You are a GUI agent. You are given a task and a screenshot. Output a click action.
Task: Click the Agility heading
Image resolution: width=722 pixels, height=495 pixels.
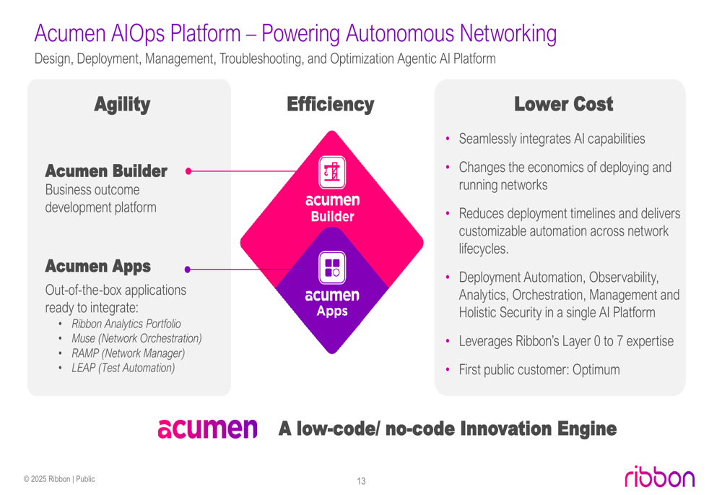[122, 105]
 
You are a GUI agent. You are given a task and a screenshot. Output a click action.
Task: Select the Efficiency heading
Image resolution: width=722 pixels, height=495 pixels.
[330, 105]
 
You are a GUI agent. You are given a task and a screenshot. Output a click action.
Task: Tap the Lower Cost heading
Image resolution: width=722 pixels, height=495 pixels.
[563, 105]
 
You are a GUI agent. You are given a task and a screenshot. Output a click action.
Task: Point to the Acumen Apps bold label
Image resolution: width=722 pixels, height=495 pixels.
[97, 267]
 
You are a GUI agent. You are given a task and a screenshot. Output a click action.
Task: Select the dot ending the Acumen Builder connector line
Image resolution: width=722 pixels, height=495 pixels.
[188, 172]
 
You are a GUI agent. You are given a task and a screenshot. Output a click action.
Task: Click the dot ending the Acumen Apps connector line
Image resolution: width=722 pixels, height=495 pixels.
[188, 270]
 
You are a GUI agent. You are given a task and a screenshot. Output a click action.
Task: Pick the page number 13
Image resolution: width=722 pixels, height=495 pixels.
[361, 481]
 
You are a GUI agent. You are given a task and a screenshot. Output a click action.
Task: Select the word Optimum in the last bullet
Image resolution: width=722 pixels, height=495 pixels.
[596, 370]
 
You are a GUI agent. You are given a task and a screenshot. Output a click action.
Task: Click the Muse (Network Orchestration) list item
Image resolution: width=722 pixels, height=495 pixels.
[136, 338]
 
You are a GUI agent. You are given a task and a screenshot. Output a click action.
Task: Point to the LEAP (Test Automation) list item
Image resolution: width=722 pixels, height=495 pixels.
[123, 368]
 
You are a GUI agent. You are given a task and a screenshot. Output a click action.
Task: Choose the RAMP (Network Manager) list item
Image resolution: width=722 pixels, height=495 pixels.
[128, 353]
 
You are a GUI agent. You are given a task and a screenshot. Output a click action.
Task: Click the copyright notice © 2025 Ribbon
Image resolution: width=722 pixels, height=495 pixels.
[58, 478]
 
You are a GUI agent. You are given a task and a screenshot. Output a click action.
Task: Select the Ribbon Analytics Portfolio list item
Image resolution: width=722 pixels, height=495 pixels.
[126, 324]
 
